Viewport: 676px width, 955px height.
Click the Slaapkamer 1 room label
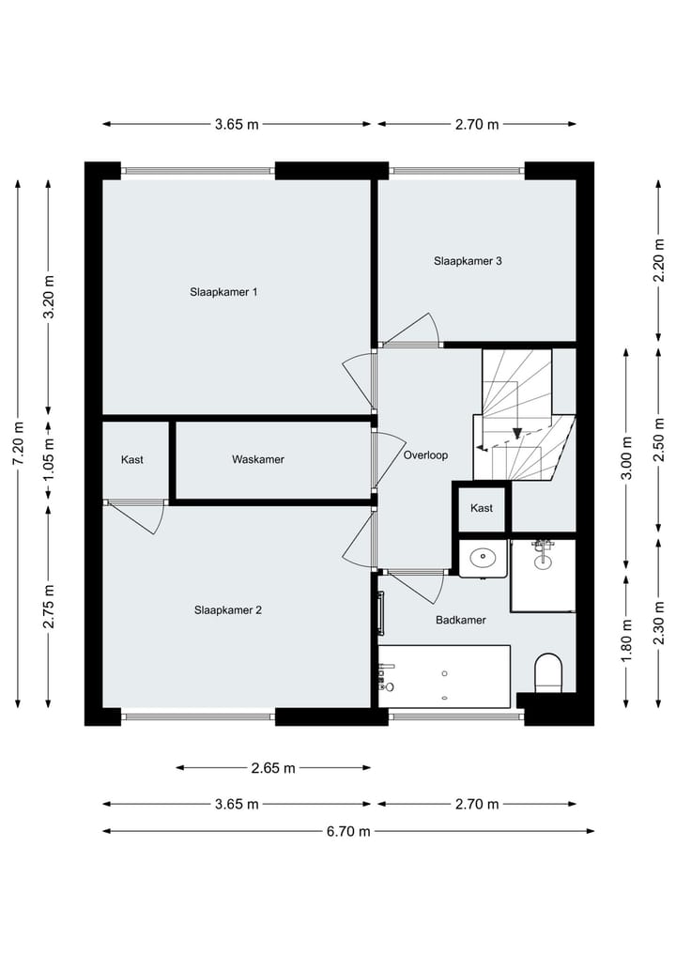(223, 292)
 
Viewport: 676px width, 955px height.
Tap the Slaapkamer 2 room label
(228, 609)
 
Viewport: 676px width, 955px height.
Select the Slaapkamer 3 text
(468, 261)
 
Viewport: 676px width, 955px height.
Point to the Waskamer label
(258, 459)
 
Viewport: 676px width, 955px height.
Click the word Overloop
(425, 455)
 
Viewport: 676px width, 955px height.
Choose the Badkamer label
(460, 620)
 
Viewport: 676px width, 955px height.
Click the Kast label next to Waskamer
(132, 459)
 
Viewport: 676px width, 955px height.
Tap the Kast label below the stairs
(482, 508)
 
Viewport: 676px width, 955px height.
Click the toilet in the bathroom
(547, 673)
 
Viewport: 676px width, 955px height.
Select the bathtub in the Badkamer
(444, 675)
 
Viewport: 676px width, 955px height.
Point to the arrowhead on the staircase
(516, 433)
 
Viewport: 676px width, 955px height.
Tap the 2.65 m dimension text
(273, 768)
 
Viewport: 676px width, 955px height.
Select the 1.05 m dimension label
(49, 460)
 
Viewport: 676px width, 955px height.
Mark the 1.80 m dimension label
(627, 638)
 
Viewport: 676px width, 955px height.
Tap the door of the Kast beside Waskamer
(138, 516)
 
